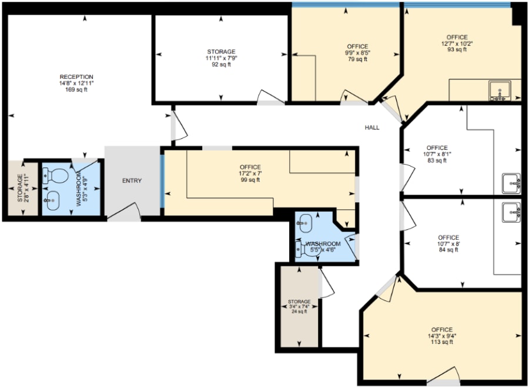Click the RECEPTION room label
(76, 77)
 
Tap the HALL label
(372, 128)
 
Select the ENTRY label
(132, 181)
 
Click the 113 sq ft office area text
(442, 342)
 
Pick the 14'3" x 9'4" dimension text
(442, 336)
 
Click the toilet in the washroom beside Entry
(56, 176)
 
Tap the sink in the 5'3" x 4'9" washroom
(52, 200)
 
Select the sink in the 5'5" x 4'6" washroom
(304, 223)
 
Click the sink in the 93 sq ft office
(500, 91)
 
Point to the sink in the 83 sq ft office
(511, 183)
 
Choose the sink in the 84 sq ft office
(511, 212)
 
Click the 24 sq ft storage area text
(299, 312)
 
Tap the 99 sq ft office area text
(250, 180)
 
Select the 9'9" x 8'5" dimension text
(357, 53)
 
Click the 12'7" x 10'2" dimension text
(457, 44)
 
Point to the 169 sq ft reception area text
(76, 90)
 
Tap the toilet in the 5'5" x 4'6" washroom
(309, 249)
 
